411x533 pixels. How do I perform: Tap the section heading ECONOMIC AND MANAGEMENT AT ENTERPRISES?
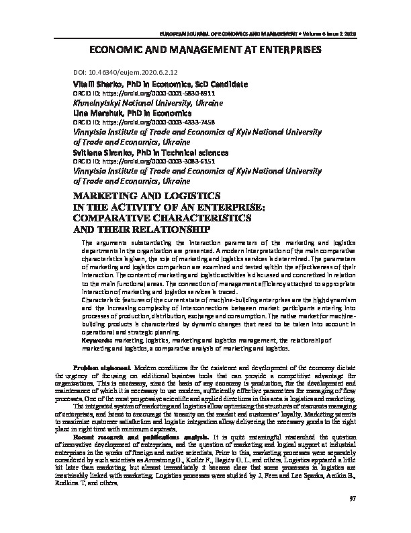pyautogui.click(x=205, y=50)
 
